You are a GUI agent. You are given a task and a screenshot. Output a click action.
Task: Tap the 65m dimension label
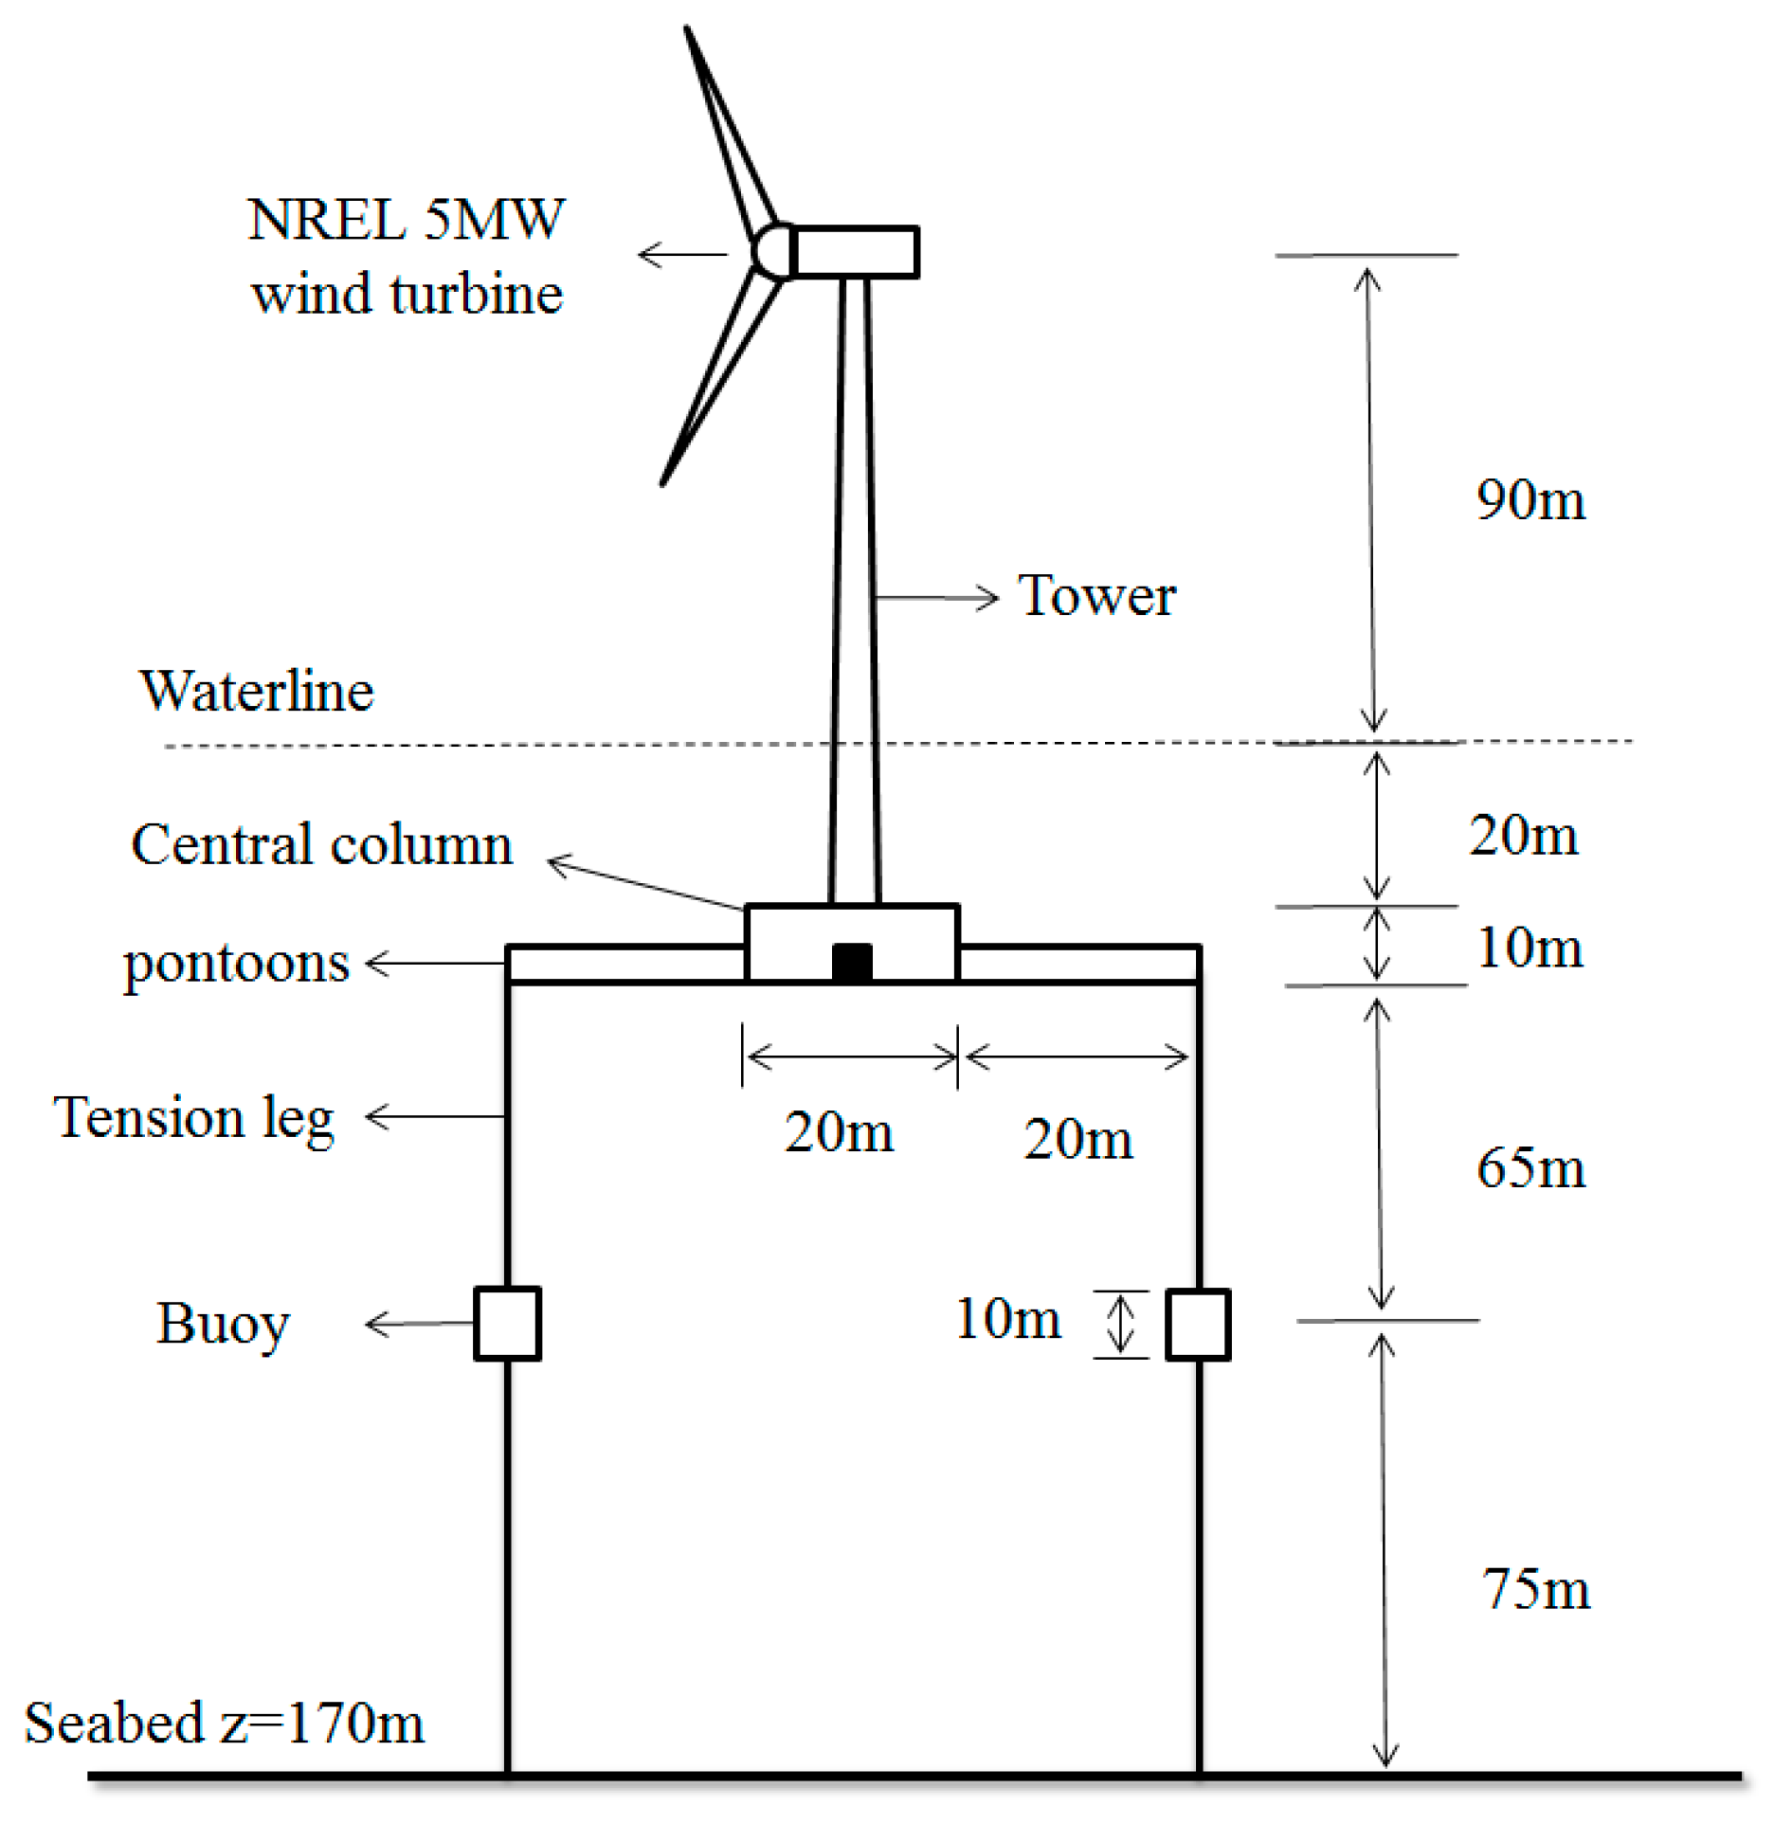click(x=1530, y=1167)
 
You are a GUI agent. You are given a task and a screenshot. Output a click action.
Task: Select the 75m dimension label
click(x=1535, y=1590)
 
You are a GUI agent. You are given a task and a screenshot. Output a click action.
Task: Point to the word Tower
click(x=1096, y=596)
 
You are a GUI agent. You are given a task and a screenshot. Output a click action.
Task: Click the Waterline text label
click(x=256, y=691)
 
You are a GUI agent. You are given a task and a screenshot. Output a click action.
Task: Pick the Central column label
click(x=321, y=844)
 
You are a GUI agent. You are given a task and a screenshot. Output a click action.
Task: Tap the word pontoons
click(x=236, y=964)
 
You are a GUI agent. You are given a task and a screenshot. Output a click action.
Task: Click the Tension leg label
click(x=193, y=1118)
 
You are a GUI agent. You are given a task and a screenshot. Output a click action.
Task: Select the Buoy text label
click(x=222, y=1325)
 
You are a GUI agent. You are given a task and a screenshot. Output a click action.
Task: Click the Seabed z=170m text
click(x=224, y=1723)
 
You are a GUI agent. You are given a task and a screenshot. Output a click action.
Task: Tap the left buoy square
click(x=507, y=1324)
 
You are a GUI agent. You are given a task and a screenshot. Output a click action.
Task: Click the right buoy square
click(x=1198, y=1325)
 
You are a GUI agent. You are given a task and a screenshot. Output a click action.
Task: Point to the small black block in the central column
click(x=851, y=963)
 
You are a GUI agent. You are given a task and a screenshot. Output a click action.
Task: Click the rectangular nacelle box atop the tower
click(x=856, y=252)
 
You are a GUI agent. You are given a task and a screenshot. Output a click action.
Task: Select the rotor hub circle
click(x=773, y=252)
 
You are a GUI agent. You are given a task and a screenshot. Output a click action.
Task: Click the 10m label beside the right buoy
click(x=1007, y=1319)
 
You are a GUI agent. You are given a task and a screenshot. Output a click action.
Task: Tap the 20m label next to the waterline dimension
click(x=1523, y=836)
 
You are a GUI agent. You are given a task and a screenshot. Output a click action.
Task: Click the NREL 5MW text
click(x=406, y=220)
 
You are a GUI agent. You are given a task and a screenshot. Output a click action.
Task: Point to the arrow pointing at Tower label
click(x=936, y=598)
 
